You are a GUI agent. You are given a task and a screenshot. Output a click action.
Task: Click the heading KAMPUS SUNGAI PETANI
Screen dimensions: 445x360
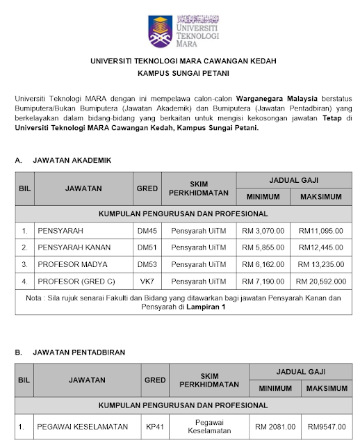tap(180, 72)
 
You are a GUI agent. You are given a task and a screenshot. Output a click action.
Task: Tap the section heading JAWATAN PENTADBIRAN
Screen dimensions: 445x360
tap(81, 353)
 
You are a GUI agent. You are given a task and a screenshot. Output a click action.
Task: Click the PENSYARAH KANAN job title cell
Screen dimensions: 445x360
tap(74, 247)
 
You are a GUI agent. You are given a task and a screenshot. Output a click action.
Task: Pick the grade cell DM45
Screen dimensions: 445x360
tap(147, 230)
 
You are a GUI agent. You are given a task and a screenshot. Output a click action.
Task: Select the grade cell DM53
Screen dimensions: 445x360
tap(147, 264)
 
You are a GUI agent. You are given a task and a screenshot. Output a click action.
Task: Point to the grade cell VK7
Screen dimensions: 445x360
tap(147, 282)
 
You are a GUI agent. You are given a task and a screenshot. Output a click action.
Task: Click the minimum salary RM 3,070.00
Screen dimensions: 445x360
tap(261, 230)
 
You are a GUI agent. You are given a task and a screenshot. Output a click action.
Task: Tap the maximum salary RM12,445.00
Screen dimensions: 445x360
tap(320, 247)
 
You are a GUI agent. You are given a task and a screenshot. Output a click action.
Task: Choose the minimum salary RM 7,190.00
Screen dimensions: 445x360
tap(261, 282)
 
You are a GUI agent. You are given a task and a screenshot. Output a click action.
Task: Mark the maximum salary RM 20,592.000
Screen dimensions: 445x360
tap(320, 282)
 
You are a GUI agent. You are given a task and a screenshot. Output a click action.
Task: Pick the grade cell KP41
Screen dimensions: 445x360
tap(154, 426)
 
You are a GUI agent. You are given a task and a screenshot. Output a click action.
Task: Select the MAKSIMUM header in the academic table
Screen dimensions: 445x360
tap(320, 197)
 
